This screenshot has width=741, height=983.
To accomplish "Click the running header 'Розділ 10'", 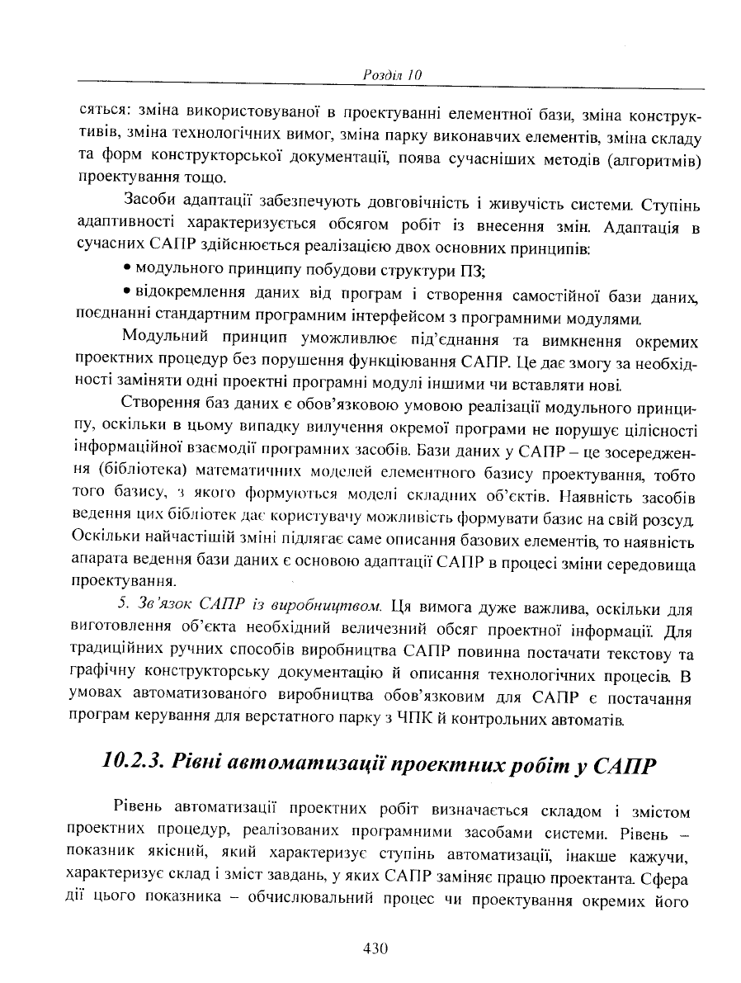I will coord(393,75).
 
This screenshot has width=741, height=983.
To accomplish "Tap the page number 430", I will coord(375,948).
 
